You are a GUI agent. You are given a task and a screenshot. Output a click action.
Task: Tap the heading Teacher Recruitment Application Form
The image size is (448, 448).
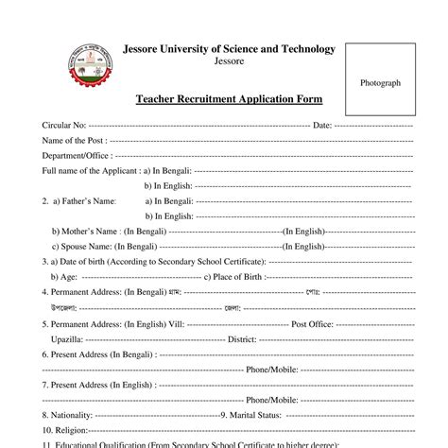(x=229, y=98)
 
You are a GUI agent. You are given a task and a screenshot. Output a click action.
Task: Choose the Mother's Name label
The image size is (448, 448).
(x=85, y=231)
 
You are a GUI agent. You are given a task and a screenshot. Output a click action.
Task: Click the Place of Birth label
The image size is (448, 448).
(x=237, y=276)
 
